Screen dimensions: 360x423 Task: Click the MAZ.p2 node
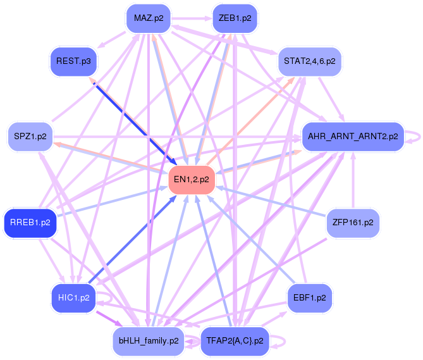pos(148,18)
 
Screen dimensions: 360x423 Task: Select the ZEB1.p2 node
pos(234,18)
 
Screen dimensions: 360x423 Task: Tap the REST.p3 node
pos(73,61)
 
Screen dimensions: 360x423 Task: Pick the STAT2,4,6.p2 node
pos(309,61)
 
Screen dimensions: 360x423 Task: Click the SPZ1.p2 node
pos(29,136)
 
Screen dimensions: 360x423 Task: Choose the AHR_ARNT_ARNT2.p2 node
pos(352,136)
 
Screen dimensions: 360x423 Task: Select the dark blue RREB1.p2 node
pos(30,223)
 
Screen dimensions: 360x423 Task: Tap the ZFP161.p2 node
pos(352,223)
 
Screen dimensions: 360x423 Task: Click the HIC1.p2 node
pos(73,297)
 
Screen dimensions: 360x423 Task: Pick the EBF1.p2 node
pos(309,297)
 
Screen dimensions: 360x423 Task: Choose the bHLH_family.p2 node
pos(148,341)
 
